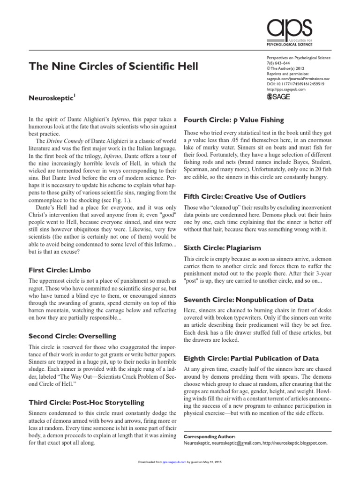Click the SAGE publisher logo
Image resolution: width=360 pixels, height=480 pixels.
point(279,97)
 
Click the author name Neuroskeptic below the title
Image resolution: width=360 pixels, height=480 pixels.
point(52,99)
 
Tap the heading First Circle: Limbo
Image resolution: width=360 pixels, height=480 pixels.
point(60,270)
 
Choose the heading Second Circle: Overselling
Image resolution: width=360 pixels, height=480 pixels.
point(72,336)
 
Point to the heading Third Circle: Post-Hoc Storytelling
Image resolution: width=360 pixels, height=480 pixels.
point(86,402)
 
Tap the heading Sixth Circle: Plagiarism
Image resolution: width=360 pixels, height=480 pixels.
point(222,247)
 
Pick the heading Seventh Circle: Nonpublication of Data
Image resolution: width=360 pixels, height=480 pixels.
point(248,299)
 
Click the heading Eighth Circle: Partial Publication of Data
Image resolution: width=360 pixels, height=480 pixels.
point(252,359)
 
